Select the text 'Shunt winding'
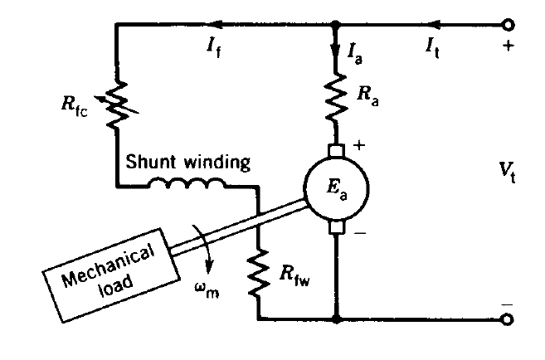point(187,163)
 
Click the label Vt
point(506,171)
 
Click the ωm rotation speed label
point(207,290)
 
